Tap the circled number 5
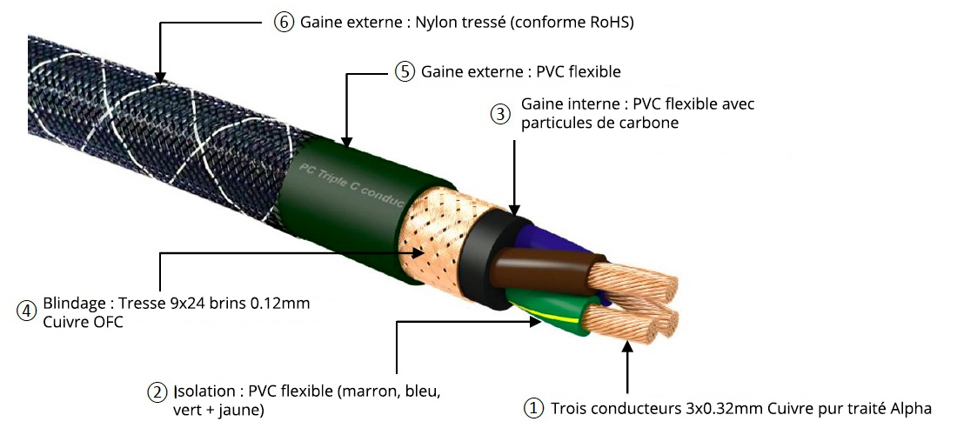405,71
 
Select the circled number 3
500,114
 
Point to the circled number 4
27,310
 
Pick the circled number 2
157,392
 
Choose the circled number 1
532,408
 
